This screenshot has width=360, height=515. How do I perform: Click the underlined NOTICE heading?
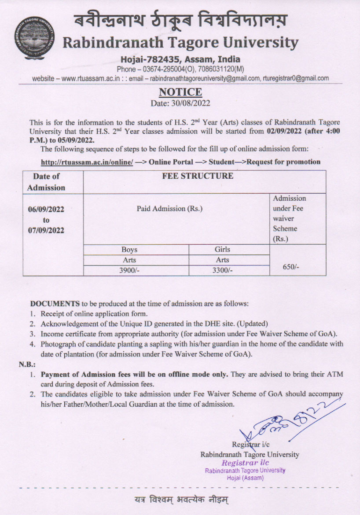180,92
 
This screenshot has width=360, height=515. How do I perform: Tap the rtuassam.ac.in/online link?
87,162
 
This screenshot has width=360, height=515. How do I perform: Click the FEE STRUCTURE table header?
204,176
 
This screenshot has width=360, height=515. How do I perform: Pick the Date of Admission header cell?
46,182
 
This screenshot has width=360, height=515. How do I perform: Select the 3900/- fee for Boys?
129,270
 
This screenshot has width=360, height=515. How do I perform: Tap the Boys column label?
129,250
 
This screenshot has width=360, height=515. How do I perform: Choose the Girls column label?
222,250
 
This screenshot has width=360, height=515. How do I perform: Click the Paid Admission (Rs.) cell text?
169,209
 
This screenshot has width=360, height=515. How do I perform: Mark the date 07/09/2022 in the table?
46,230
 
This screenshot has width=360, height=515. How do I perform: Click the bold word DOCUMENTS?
55,304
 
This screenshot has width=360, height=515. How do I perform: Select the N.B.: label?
27,364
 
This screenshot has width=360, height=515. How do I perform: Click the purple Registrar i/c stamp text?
245,463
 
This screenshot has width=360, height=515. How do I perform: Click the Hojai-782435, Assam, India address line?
180,59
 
